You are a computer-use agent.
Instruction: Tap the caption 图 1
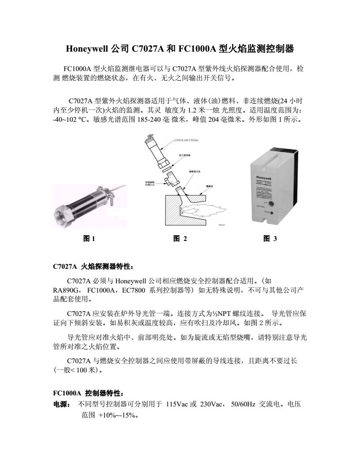[x=90, y=239]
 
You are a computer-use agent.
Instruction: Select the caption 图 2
[x=180, y=239]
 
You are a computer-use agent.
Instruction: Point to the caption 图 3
[x=270, y=239]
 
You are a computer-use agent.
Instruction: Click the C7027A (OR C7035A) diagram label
[x=186, y=140]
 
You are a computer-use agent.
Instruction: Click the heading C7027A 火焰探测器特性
[x=92, y=267]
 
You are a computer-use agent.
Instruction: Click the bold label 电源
[x=60, y=404]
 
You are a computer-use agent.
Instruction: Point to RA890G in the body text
[x=66, y=291]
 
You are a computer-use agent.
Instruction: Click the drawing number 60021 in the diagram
[x=221, y=225]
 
